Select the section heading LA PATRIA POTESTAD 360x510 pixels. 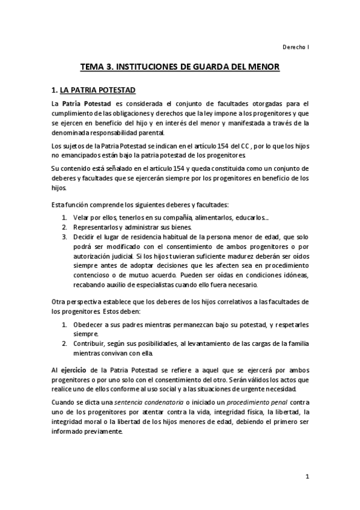(98, 91)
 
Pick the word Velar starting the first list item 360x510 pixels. (82, 217)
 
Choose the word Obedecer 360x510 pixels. (89, 324)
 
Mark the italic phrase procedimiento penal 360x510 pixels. (243, 401)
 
